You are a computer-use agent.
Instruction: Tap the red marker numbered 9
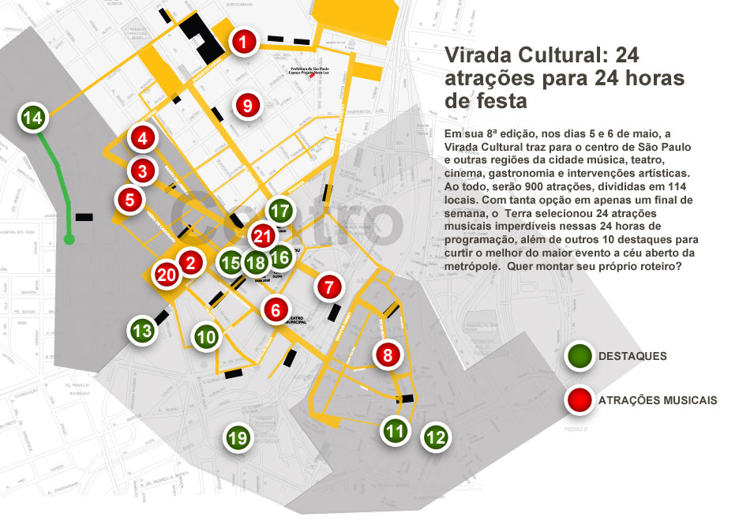pyautogui.click(x=247, y=104)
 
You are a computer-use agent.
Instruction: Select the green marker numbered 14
pyautogui.click(x=32, y=118)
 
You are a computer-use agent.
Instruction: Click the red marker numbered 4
pyautogui.click(x=142, y=139)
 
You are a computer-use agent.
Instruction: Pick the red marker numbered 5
pyautogui.click(x=129, y=200)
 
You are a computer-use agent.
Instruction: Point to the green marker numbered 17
pyautogui.click(x=280, y=211)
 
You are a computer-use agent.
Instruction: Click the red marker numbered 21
pyautogui.click(x=263, y=235)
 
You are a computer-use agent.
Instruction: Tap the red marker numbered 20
pyautogui.click(x=166, y=275)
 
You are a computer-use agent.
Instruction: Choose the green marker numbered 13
pyautogui.click(x=142, y=331)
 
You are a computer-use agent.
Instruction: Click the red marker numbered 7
pyautogui.click(x=329, y=287)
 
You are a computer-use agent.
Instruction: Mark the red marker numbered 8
pyautogui.click(x=387, y=355)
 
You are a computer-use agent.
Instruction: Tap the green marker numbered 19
pyautogui.click(x=238, y=437)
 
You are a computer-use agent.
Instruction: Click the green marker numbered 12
pyautogui.click(x=435, y=436)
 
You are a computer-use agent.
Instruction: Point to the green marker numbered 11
pyautogui.click(x=396, y=430)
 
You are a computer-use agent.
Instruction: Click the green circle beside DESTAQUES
pyautogui.click(x=579, y=357)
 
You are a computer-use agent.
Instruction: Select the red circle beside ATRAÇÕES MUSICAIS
pyautogui.click(x=579, y=400)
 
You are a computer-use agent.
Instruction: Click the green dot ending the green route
pyautogui.click(x=69, y=238)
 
